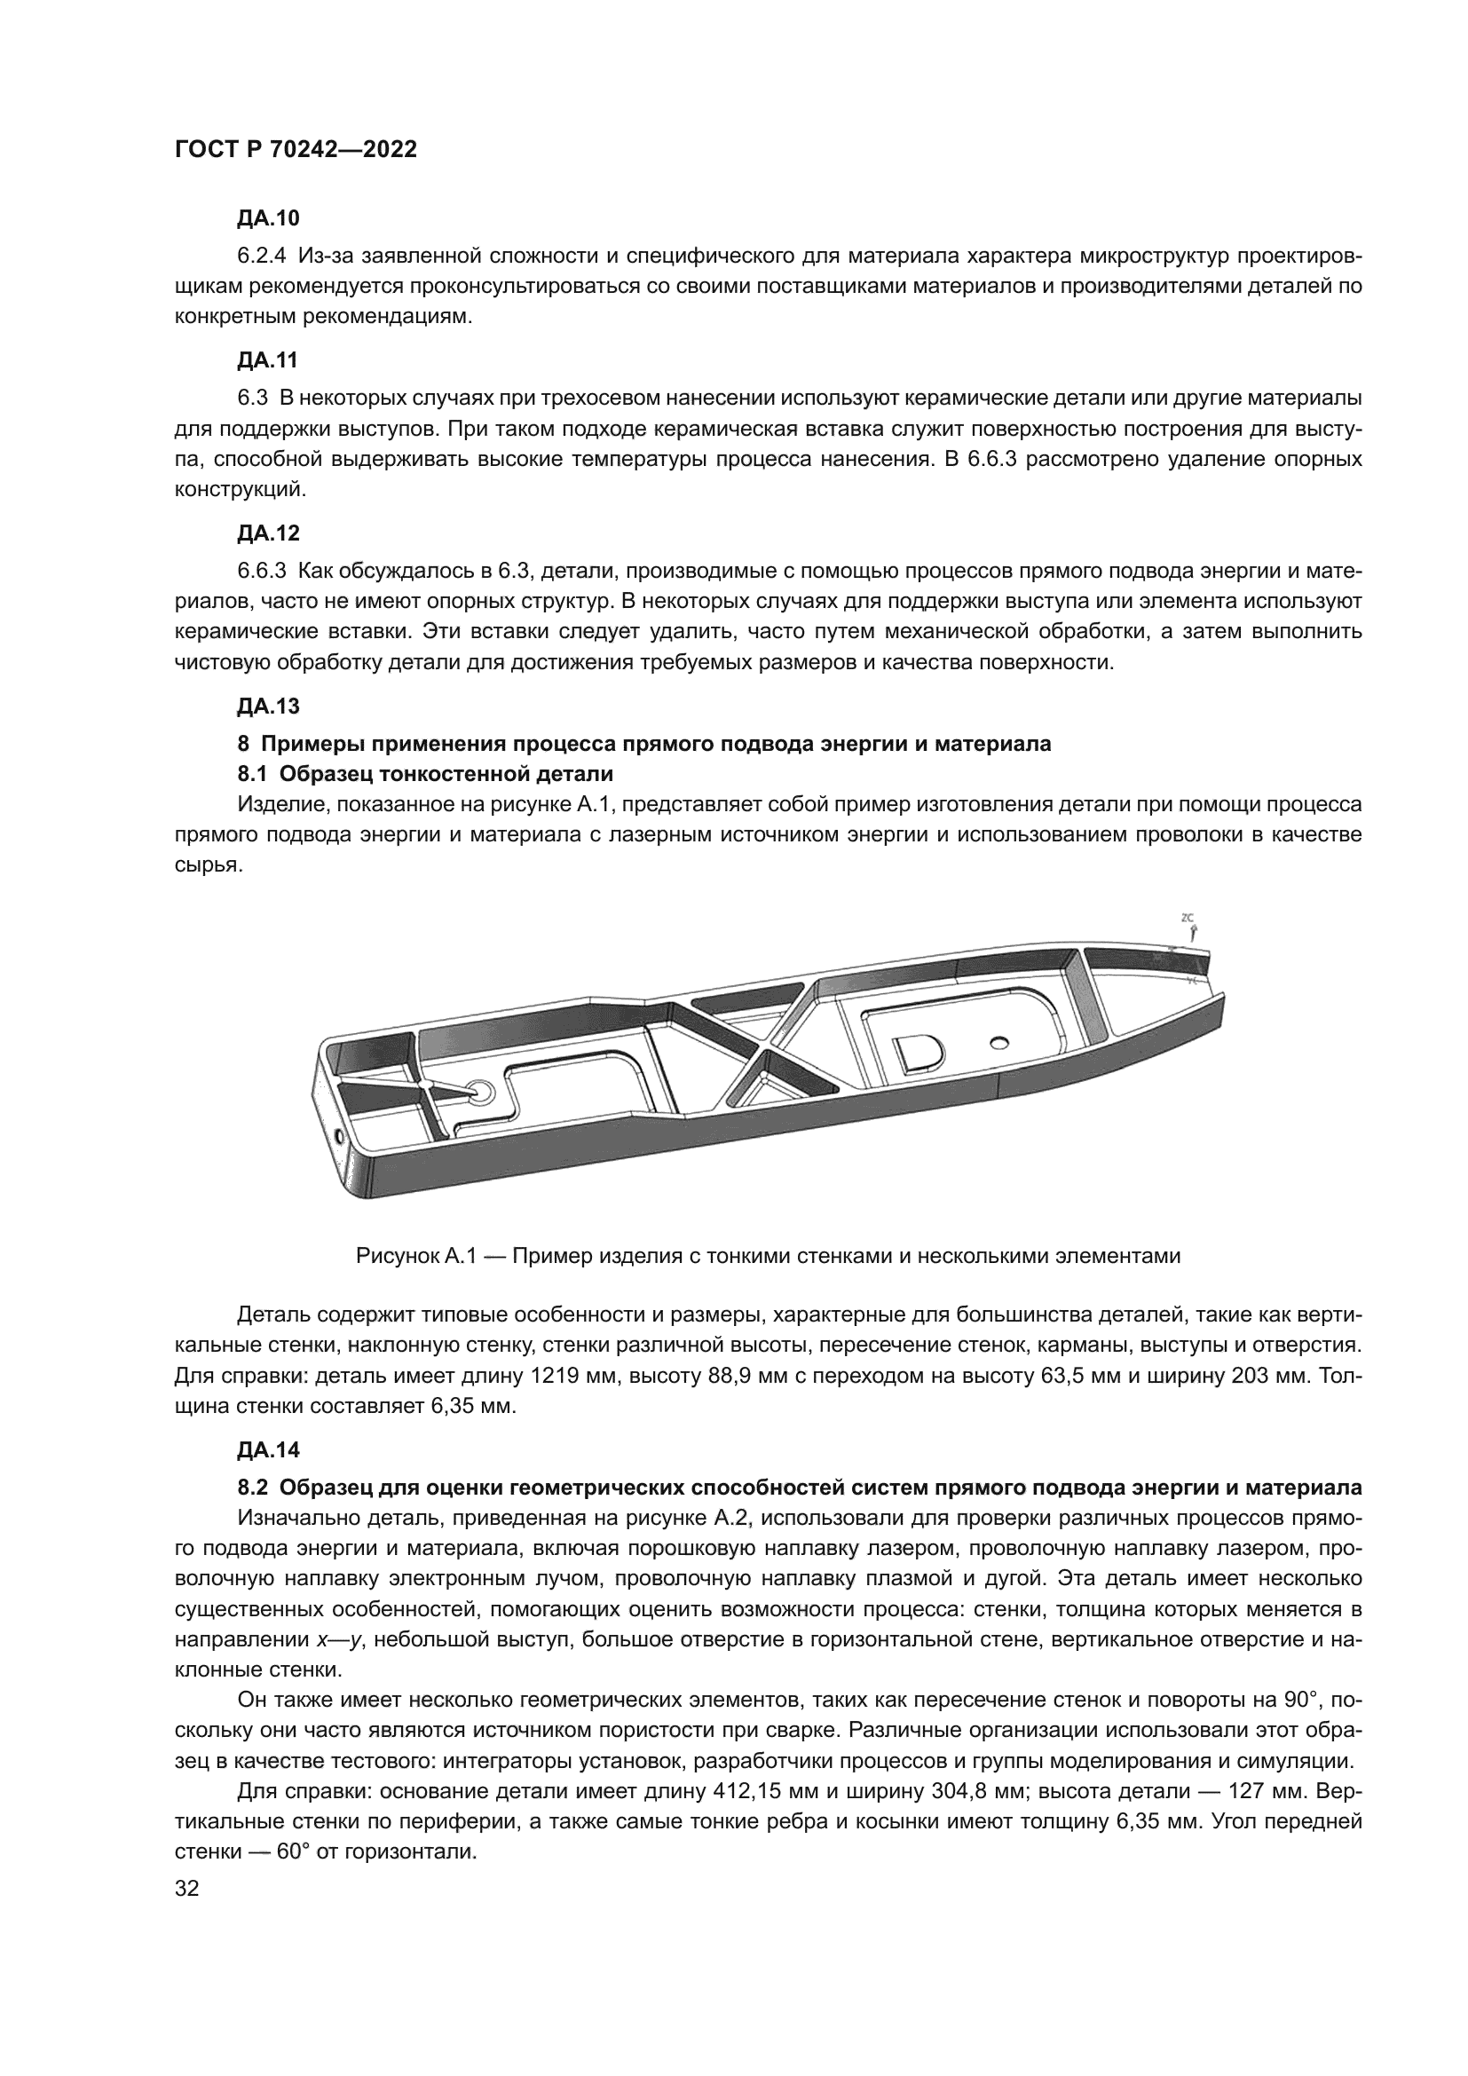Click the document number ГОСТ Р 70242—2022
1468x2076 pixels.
click(296, 150)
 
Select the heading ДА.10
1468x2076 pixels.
click(267, 219)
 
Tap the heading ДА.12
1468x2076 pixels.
click(267, 533)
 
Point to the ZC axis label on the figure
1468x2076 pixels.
click(1188, 919)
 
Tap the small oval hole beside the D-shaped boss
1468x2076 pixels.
click(999, 1043)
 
